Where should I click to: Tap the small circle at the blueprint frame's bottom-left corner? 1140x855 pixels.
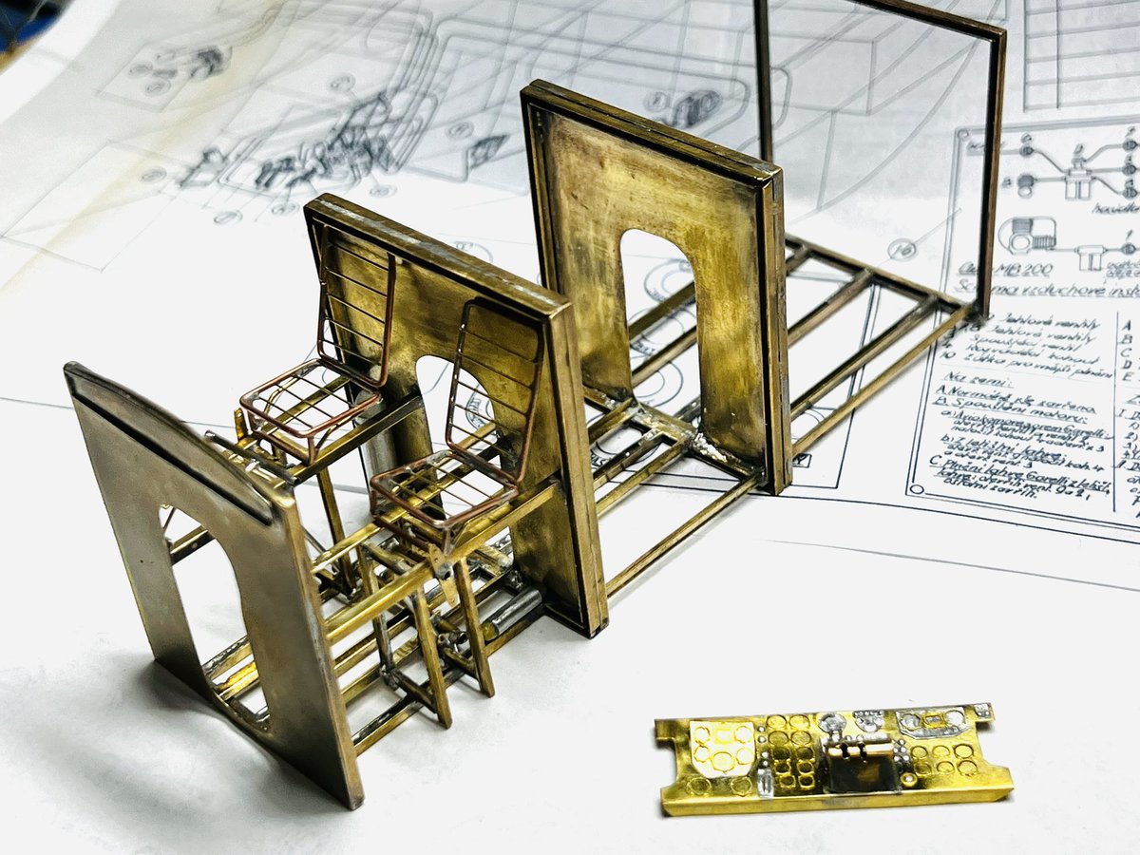click(x=916, y=490)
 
